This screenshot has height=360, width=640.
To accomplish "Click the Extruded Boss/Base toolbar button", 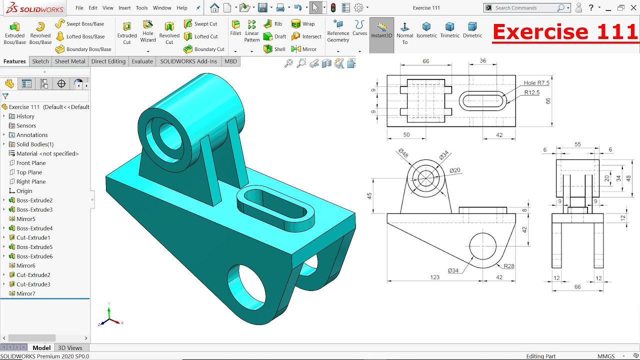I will click(x=14, y=33).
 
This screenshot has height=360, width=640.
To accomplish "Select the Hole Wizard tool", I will click(x=148, y=31).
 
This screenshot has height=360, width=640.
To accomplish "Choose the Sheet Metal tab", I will click(x=70, y=61).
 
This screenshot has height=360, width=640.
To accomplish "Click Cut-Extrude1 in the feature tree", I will click(x=33, y=237).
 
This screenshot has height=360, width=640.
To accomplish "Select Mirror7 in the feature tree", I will click(x=25, y=293).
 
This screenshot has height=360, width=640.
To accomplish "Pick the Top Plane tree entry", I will click(x=29, y=172).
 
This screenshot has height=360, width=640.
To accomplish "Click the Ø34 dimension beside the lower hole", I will click(x=453, y=270).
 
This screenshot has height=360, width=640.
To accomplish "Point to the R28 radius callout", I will click(x=508, y=266).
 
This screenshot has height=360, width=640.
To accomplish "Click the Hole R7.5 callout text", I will click(x=536, y=83).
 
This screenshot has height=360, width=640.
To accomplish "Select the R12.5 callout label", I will click(x=532, y=92).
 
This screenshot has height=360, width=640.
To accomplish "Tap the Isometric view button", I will click(x=426, y=30).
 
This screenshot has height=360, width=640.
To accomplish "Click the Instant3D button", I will click(x=381, y=30).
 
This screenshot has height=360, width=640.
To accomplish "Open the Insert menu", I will click(x=124, y=8).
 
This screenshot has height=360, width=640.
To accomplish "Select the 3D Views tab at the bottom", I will click(x=70, y=348).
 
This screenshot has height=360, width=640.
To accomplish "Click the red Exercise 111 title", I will click(x=565, y=32).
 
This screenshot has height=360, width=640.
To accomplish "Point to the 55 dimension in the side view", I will click(x=577, y=144).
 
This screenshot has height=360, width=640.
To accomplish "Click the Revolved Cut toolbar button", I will click(x=169, y=33).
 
